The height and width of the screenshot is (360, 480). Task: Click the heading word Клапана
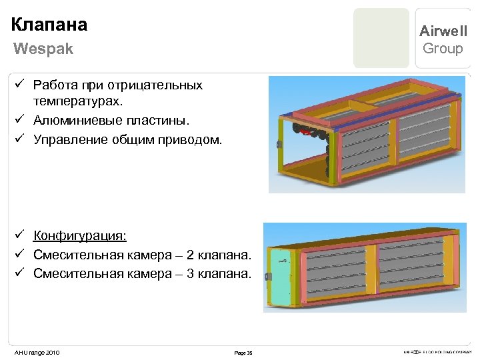click(49, 25)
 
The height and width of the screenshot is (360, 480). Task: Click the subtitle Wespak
click(43, 49)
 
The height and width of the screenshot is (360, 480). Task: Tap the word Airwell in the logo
click(443, 31)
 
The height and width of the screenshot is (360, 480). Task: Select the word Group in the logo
click(443, 49)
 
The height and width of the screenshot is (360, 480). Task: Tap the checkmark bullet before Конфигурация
click(20, 235)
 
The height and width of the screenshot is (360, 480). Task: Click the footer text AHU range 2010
click(37, 352)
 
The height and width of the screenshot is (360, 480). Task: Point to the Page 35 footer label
click(243, 353)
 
